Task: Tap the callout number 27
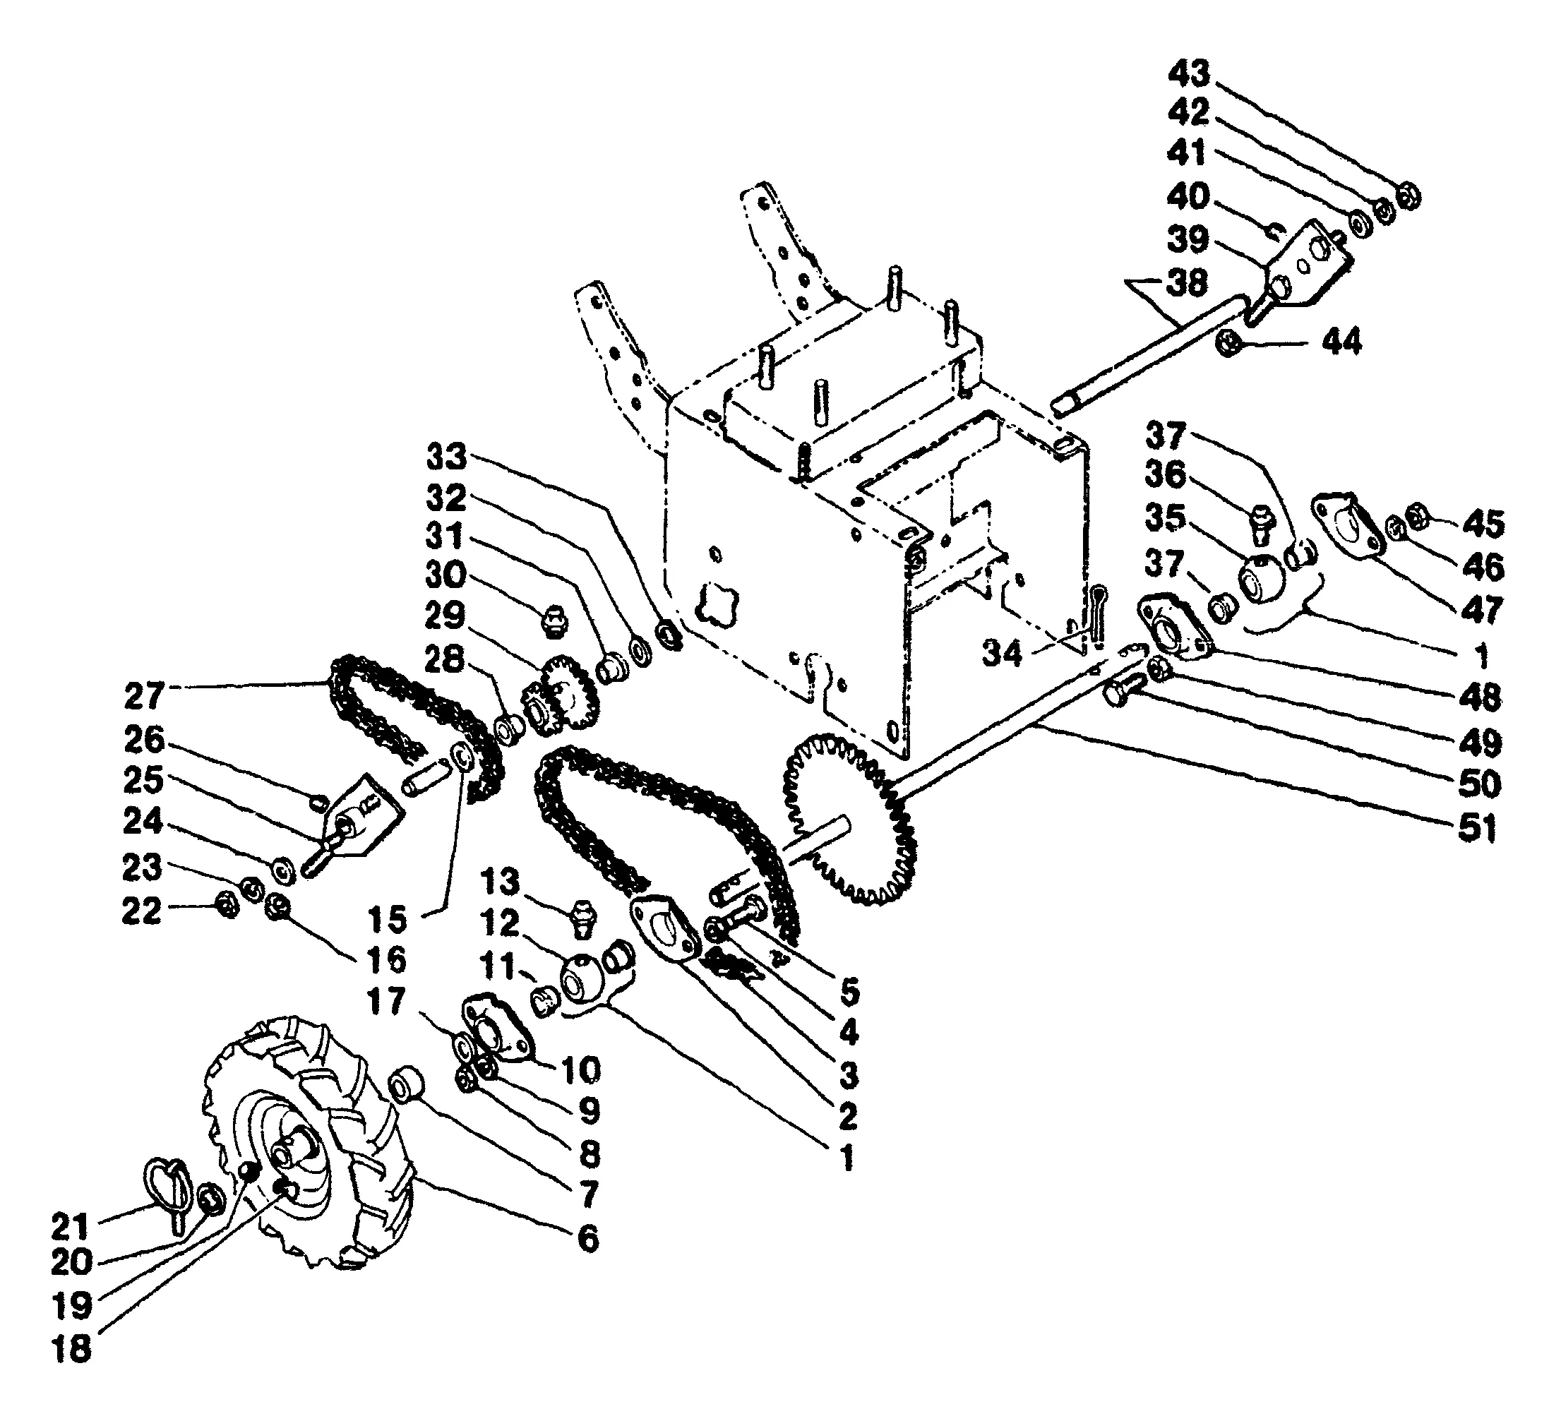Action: pyautogui.click(x=144, y=696)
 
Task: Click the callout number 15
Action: pyautogui.click(x=387, y=919)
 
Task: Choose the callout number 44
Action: pyautogui.click(x=1342, y=341)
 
